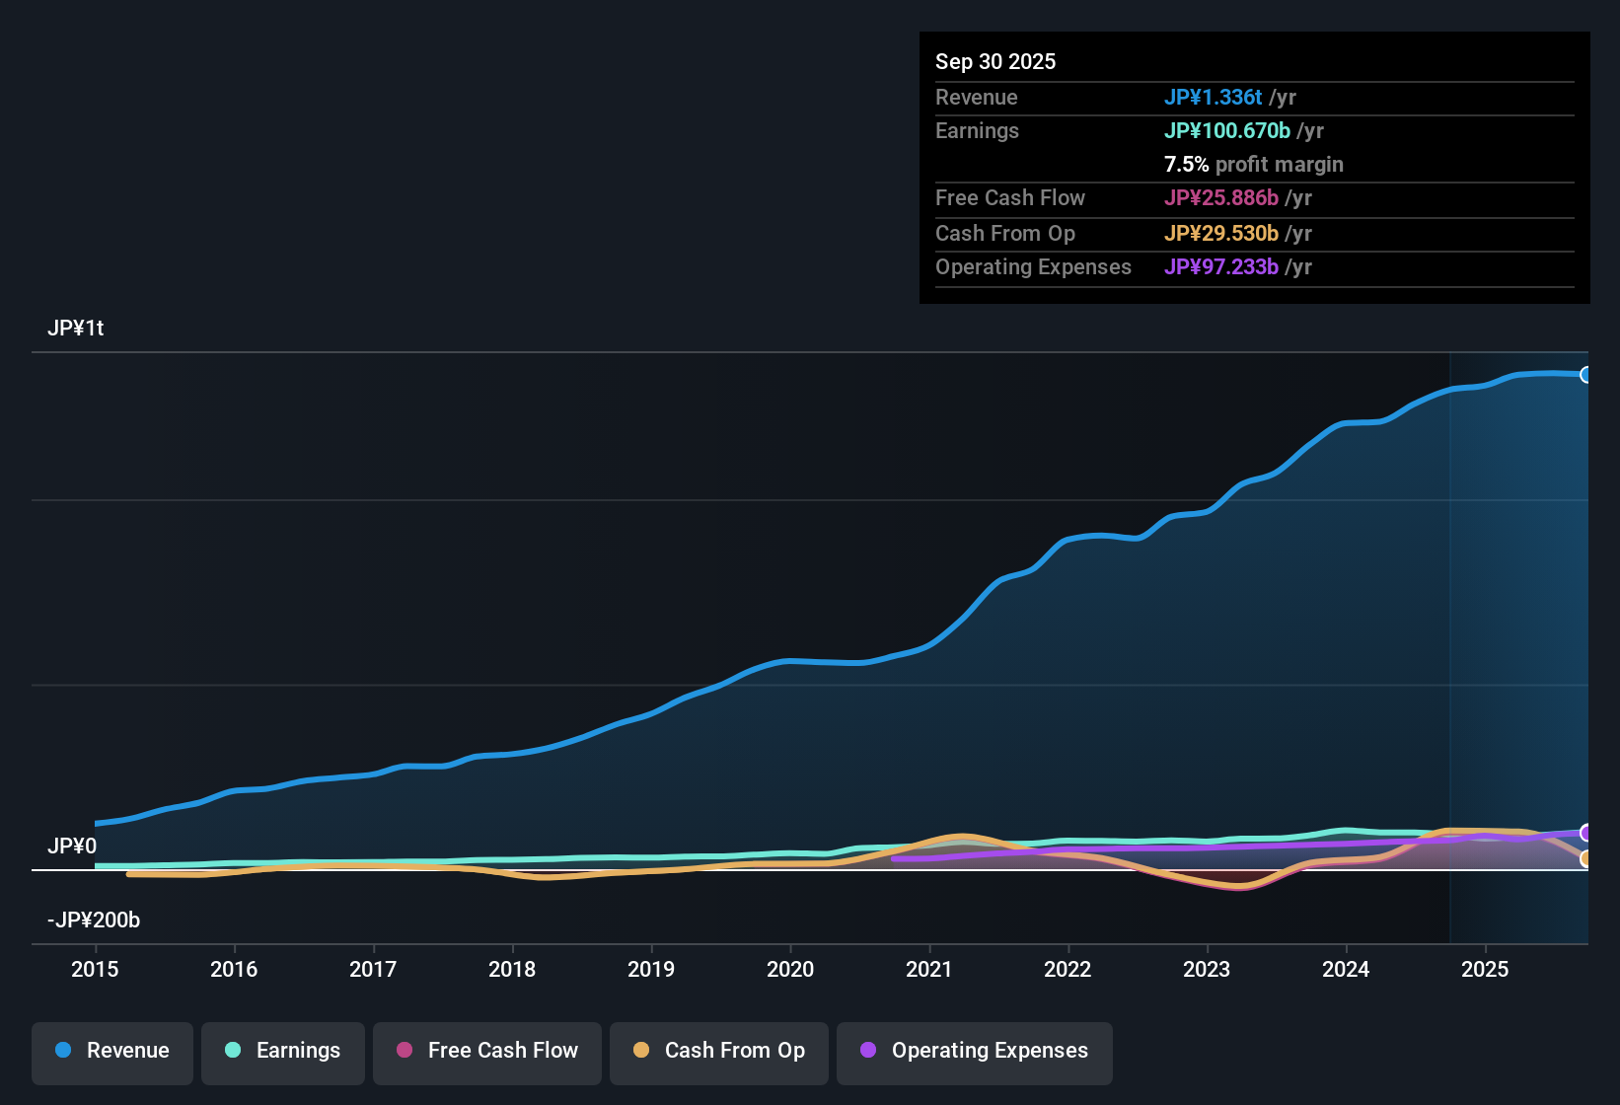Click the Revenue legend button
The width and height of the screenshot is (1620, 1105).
pyautogui.click(x=112, y=1051)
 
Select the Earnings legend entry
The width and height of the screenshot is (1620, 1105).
pyautogui.click(x=283, y=1051)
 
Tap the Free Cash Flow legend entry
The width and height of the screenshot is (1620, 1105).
pyautogui.click(x=487, y=1051)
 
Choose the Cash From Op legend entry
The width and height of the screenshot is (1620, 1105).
pyautogui.click(x=719, y=1051)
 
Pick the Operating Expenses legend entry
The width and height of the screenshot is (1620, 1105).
pyautogui.click(x=975, y=1051)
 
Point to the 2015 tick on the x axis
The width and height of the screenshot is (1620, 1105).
pyautogui.click(x=95, y=969)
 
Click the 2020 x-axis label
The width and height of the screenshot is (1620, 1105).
pyautogui.click(x=790, y=969)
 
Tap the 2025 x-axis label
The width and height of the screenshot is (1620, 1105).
pyautogui.click(x=1485, y=969)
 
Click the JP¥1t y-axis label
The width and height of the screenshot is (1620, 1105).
pyautogui.click(x=76, y=329)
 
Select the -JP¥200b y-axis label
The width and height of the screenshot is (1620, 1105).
pyautogui.click(x=94, y=921)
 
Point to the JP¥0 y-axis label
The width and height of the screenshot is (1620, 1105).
pyautogui.click(x=72, y=847)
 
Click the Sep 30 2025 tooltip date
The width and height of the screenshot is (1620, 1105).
pyautogui.click(x=995, y=61)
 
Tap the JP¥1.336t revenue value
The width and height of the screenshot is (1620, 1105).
pyautogui.click(x=1213, y=97)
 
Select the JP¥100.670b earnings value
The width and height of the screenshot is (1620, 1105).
pyautogui.click(x=1226, y=130)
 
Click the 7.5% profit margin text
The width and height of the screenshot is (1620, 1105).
pyautogui.click(x=1253, y=164)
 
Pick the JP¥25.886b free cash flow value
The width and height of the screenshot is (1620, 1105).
pyautogui.click(x=1220, y=197)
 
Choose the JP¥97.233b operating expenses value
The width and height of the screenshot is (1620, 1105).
pyautogui.click(x=1220, y=266)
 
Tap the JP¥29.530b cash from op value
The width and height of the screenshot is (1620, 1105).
pyautogui.click(x=1220, y=233)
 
